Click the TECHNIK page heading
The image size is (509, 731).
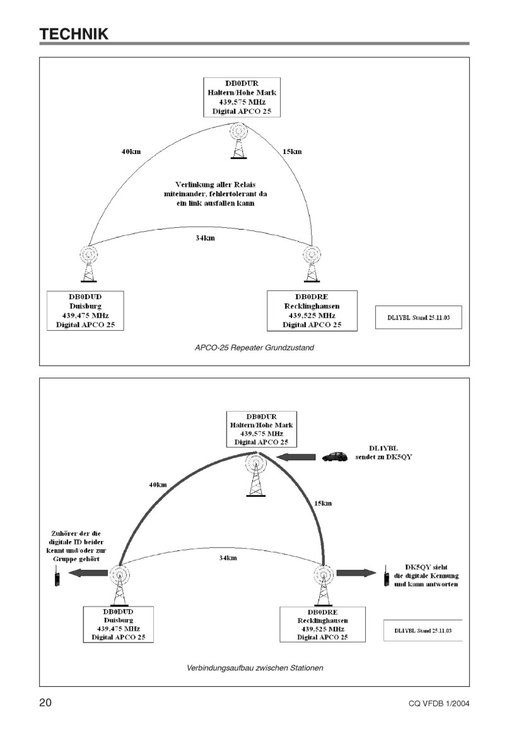(74, 34)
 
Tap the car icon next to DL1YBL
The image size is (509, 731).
(335, 456)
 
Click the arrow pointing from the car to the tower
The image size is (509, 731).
(295, 457)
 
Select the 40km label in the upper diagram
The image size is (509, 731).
(131, 152)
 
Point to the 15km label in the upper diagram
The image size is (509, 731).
(292, 152)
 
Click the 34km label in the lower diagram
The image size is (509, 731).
(228, 557)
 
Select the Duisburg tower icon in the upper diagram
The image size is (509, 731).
(88, 264)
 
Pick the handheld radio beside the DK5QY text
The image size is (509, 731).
(386, 576)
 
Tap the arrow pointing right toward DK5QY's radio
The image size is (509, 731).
(356, 573)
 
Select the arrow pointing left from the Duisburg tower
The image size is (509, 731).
(88, 573)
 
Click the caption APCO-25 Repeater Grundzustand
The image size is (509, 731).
(254, 348)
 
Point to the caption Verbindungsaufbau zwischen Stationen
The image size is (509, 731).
(255, 668)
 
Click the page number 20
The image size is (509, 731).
(45, 703)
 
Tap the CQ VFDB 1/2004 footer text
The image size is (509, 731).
(439, 704)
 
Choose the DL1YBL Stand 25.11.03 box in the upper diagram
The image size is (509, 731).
(419, 318)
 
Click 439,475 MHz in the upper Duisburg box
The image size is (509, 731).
(85, 316)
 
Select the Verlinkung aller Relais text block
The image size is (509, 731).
(215, 194)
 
